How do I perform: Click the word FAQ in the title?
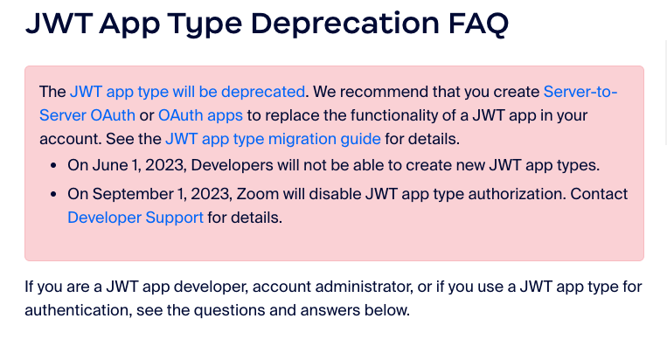pos(478,24)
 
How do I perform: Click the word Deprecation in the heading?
pos(344,24)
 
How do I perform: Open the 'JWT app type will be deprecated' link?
pos(187,93)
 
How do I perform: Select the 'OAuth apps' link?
pos(200,115)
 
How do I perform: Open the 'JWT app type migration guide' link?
pos(273,140)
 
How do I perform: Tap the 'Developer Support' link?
pos(135,218)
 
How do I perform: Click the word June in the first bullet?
pos(110,165)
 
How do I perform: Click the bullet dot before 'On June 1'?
pos(53,166)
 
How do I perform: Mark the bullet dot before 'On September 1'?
pos(53,195)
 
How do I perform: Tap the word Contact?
pos(599,194)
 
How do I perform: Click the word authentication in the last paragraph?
pos(78,310)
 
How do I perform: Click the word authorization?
pos(517,194)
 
